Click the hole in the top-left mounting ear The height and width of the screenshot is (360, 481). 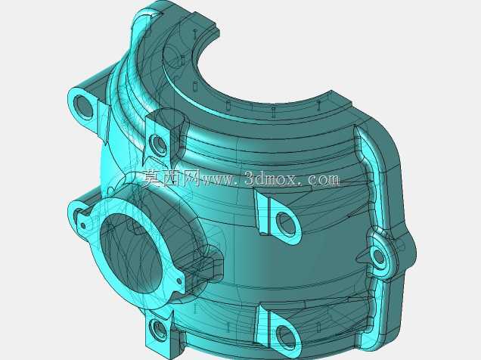pos(83,107)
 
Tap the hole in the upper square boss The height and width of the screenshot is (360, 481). pos(158,144)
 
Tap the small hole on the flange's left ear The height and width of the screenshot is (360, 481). pos(83,226)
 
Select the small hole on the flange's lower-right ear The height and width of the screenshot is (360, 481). pos(179,281)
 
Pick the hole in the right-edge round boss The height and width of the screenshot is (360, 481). pos(379,256)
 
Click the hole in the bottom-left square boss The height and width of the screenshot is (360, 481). pos(158,331)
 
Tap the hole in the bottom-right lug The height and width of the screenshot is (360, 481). pos(285,337)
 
